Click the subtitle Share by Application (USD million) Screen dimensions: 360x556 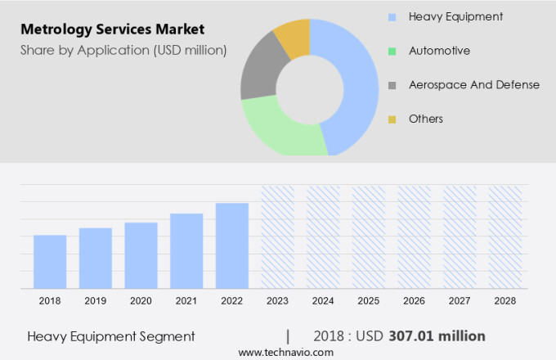123,50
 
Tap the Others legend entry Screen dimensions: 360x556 425,119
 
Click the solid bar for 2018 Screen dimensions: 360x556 50,261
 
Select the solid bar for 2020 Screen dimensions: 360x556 141,254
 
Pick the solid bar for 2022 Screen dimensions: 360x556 232,245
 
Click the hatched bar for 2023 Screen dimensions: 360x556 277,236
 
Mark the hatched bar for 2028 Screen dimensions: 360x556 505,236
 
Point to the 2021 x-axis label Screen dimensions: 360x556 186,301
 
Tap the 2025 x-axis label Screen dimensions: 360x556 369,301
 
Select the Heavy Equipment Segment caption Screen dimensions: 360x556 111,336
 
